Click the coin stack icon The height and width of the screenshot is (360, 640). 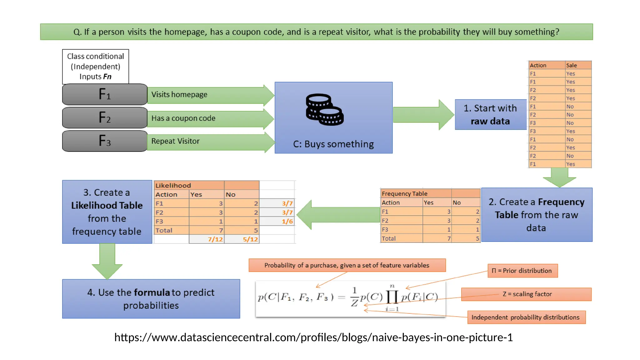(324, 110)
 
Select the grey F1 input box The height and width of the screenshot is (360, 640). (105, 94)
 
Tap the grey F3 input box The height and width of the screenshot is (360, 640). (105, 141)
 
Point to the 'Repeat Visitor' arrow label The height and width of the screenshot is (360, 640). (175, 141)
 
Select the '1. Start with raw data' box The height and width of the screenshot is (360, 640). (490, 115)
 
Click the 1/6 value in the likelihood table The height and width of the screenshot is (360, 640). (287, 222)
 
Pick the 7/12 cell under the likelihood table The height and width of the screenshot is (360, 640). (215, 239)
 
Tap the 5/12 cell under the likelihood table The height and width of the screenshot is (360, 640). (250, 239)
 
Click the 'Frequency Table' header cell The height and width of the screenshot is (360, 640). (404, 194)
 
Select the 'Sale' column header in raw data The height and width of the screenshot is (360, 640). (572, 65)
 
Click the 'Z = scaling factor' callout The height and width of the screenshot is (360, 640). (527, 294)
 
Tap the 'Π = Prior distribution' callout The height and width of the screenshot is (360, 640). (522, 271)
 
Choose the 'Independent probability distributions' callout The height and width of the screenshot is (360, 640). (526, 317)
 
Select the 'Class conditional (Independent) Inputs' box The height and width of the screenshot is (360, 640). (96, 67)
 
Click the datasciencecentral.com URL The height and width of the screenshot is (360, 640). (313, 337)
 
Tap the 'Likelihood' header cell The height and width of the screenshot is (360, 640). (173, 186)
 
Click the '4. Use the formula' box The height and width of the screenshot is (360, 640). (151, 299)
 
